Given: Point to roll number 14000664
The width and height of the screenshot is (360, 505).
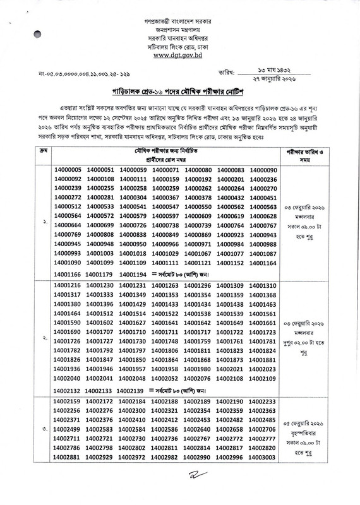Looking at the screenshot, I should tap(68, 225).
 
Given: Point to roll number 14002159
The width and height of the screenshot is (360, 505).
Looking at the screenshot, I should tap(68, 401).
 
